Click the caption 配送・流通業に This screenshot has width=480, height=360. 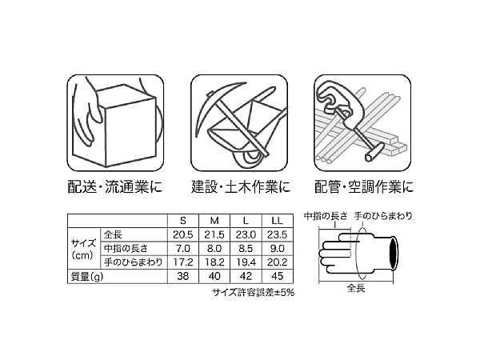(x=115, y=186)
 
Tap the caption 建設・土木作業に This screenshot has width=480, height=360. (x=241, y=186)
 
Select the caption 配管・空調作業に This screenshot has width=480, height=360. (x=364, y=186)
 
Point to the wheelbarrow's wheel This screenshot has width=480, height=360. (x=249, y=155)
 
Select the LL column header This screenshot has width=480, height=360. (x=277, y=221)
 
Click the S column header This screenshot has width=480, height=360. (x=183, y=221)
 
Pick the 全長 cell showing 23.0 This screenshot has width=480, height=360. (x=246, y=234)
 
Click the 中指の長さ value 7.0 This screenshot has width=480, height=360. (x=183, y=249)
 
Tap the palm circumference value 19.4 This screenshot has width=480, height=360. (x=246, y=262)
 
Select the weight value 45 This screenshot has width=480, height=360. (x=277, y=276)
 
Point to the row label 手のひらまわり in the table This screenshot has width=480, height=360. (x=133, y=262)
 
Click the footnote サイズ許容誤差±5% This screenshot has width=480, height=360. (x=253, y=293)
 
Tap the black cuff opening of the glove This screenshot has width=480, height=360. (x=394, y=253)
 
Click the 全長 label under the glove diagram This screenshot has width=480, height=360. (x=356, y=288)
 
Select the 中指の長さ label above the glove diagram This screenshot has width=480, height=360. (x=326, y=216)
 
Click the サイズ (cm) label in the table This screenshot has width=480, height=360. (x=82, y=250)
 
